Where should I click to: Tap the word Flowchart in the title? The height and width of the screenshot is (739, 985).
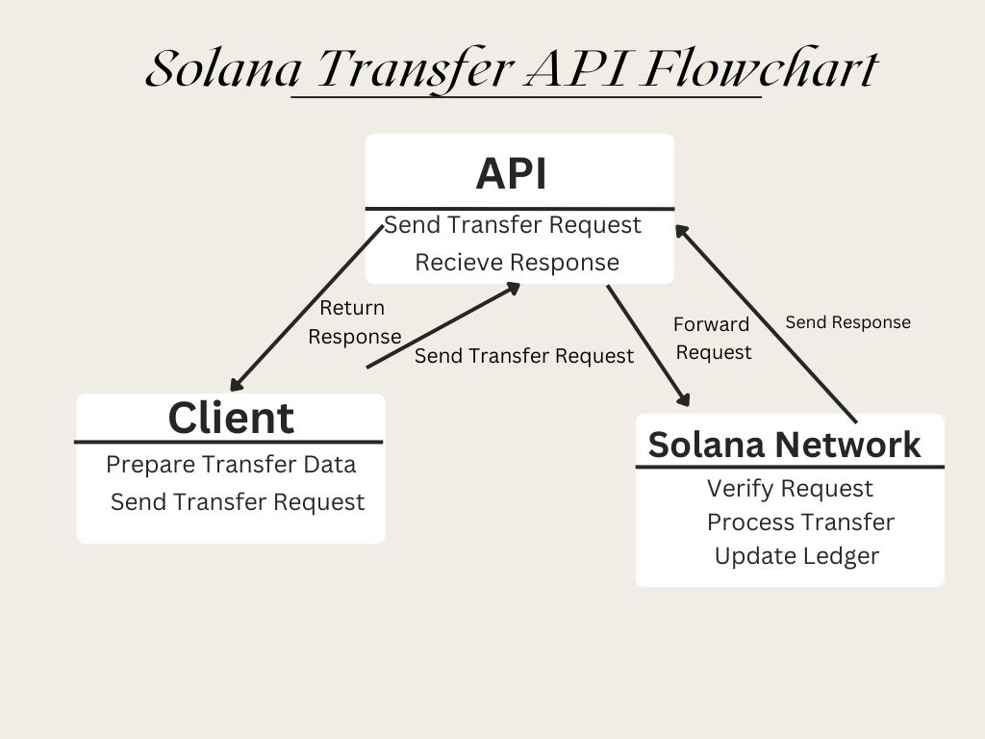759,69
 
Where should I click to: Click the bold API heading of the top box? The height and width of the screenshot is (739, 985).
511,174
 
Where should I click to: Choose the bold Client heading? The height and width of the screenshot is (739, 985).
231,418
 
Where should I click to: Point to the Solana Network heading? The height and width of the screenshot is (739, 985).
784,445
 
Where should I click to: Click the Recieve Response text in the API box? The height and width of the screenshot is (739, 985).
517,262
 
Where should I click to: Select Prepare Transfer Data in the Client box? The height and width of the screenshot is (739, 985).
231,464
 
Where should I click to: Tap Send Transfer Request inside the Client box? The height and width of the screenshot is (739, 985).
238,501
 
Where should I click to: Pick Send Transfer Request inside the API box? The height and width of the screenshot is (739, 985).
513,224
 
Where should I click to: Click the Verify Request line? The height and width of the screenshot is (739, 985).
790,489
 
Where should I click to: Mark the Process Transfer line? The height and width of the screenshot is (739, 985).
800,522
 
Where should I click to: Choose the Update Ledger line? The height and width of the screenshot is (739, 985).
796,556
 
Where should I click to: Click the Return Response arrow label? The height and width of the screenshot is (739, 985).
354,322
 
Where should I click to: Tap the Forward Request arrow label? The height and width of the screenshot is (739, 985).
713,338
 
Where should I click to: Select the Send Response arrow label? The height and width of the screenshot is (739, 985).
847,322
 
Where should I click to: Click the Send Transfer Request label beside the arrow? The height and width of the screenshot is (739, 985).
524,356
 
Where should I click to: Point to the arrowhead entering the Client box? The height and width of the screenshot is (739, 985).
237,386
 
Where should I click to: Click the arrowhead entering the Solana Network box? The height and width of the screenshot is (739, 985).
685,400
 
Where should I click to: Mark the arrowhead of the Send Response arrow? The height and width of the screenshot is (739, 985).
682,232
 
